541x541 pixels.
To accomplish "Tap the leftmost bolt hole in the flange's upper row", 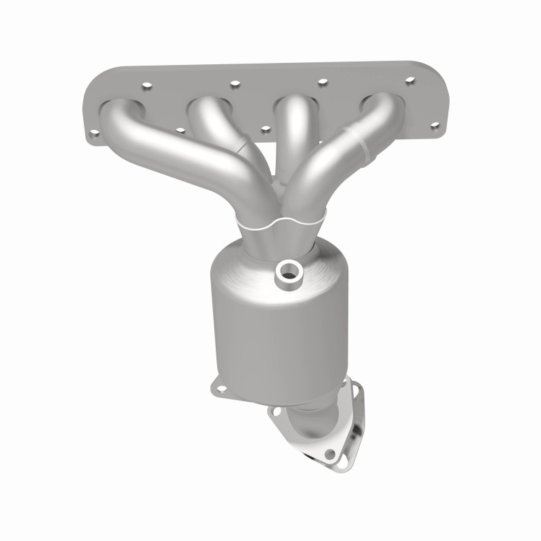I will pyautogui.click(x=145, y=87).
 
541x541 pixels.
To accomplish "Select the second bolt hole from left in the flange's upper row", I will pyautogui.click(x=235, y=84).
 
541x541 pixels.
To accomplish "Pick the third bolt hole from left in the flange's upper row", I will pyautogui.click(x=323, y=83).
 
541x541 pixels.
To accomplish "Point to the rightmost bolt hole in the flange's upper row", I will pyautogui.click(x=409, y=80).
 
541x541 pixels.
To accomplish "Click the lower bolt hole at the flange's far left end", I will pyautogui.click(x=95, y=134).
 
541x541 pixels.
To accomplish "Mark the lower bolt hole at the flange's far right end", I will pyautogui.click(x=434, y=125).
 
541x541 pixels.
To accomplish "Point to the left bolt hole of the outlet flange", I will pyautogui.click(x=276, y=410).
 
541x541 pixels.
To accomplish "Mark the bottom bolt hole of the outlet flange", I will pyautogui.click(x=329, y=454).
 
